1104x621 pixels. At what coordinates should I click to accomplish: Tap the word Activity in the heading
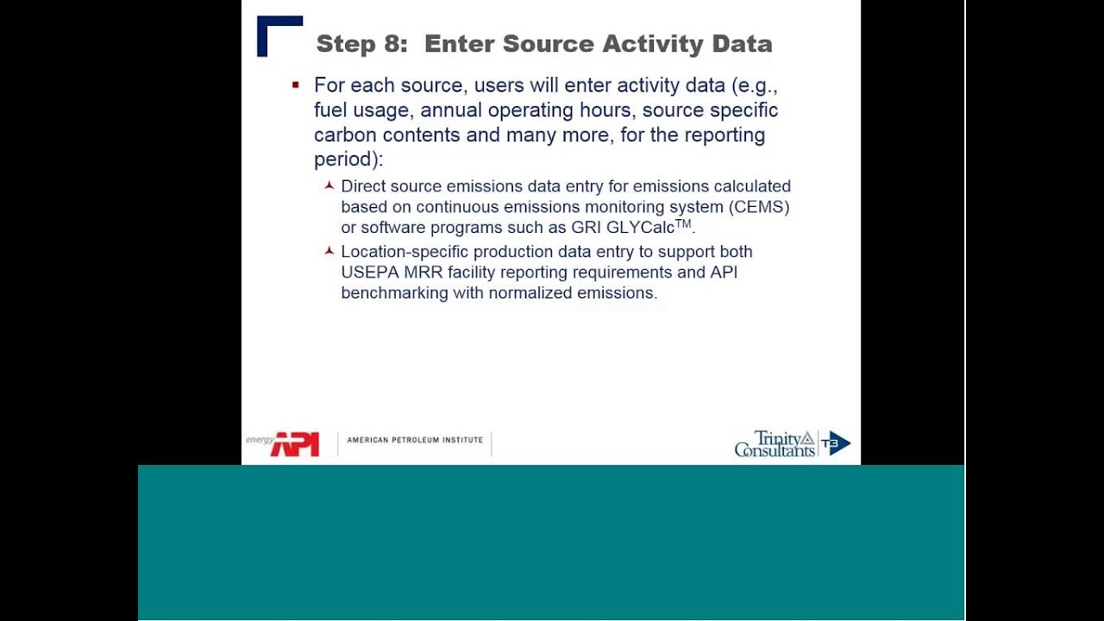pyautogui.click(x=653, y=44)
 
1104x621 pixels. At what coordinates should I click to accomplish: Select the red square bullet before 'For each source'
pyautogui.click(x=296, y=85)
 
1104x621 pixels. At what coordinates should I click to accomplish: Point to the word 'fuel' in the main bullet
pyautogui.click(x=330, y=110)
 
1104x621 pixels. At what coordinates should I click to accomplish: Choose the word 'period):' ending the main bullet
pyautogui.click(x=348, y=160)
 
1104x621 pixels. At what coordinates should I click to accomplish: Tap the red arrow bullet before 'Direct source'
pyautogui.click(x=329, y=185)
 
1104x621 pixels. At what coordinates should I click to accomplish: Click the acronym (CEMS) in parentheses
pyautogui.click(x=759, y=207)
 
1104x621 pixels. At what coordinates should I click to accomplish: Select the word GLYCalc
pyautogui.click(x=640, y=228)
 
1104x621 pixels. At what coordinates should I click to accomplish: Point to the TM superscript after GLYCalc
pyautogui.click(x=683, y=223)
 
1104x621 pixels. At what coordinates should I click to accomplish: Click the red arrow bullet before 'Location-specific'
pyautogui.click(x=329, y=251)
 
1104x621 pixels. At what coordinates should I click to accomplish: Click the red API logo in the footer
pyautogui.click(x=295, y=444)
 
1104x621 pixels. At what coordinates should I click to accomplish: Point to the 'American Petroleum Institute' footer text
pyautogui.click(x=415, y=440)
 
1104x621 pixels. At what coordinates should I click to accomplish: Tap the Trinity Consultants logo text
pyautogui.click(x=775, y=443)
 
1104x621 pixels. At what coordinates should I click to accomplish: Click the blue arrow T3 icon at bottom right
pyautogui.click(x=836, y=443)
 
